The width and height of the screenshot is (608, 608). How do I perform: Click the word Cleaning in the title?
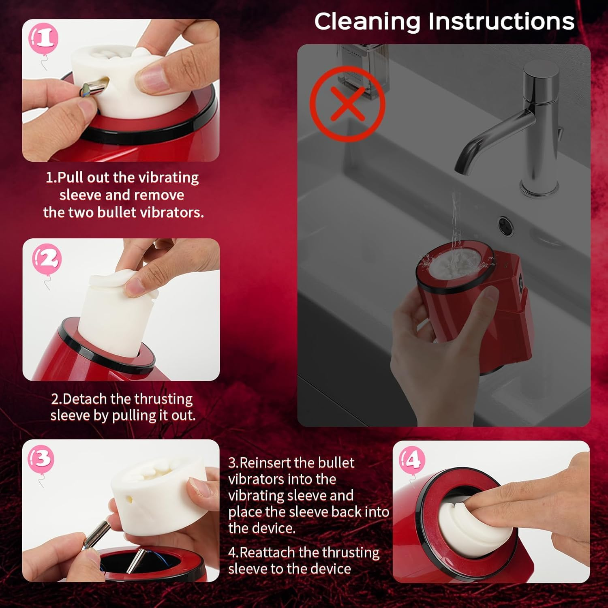[x=366, y=21]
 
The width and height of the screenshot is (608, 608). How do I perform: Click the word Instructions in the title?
[x=501, y=21]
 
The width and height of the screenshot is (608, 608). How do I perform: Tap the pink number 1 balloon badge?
[x=44, y=38]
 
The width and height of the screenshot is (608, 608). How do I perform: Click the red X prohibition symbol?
[x=347, y=104]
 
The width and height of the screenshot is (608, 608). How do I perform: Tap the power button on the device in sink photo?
[x=521, y=278]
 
